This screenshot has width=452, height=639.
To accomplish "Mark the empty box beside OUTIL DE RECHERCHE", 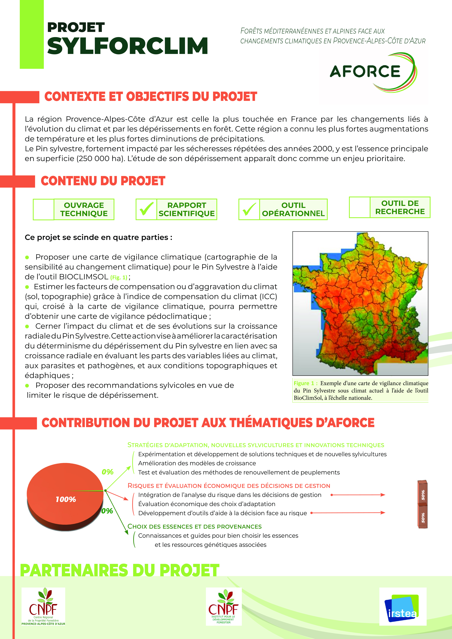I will (x=360, y=207).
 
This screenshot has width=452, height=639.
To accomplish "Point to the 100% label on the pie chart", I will (x=66, y=499).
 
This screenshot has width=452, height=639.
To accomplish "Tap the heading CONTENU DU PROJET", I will (x=103, y=181).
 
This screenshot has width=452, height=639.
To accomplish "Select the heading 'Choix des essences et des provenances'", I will (x=194, y=527).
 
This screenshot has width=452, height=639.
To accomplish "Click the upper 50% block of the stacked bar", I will (x=422, y=494).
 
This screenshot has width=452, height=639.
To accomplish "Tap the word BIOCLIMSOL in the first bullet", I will (x=84, y=277).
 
